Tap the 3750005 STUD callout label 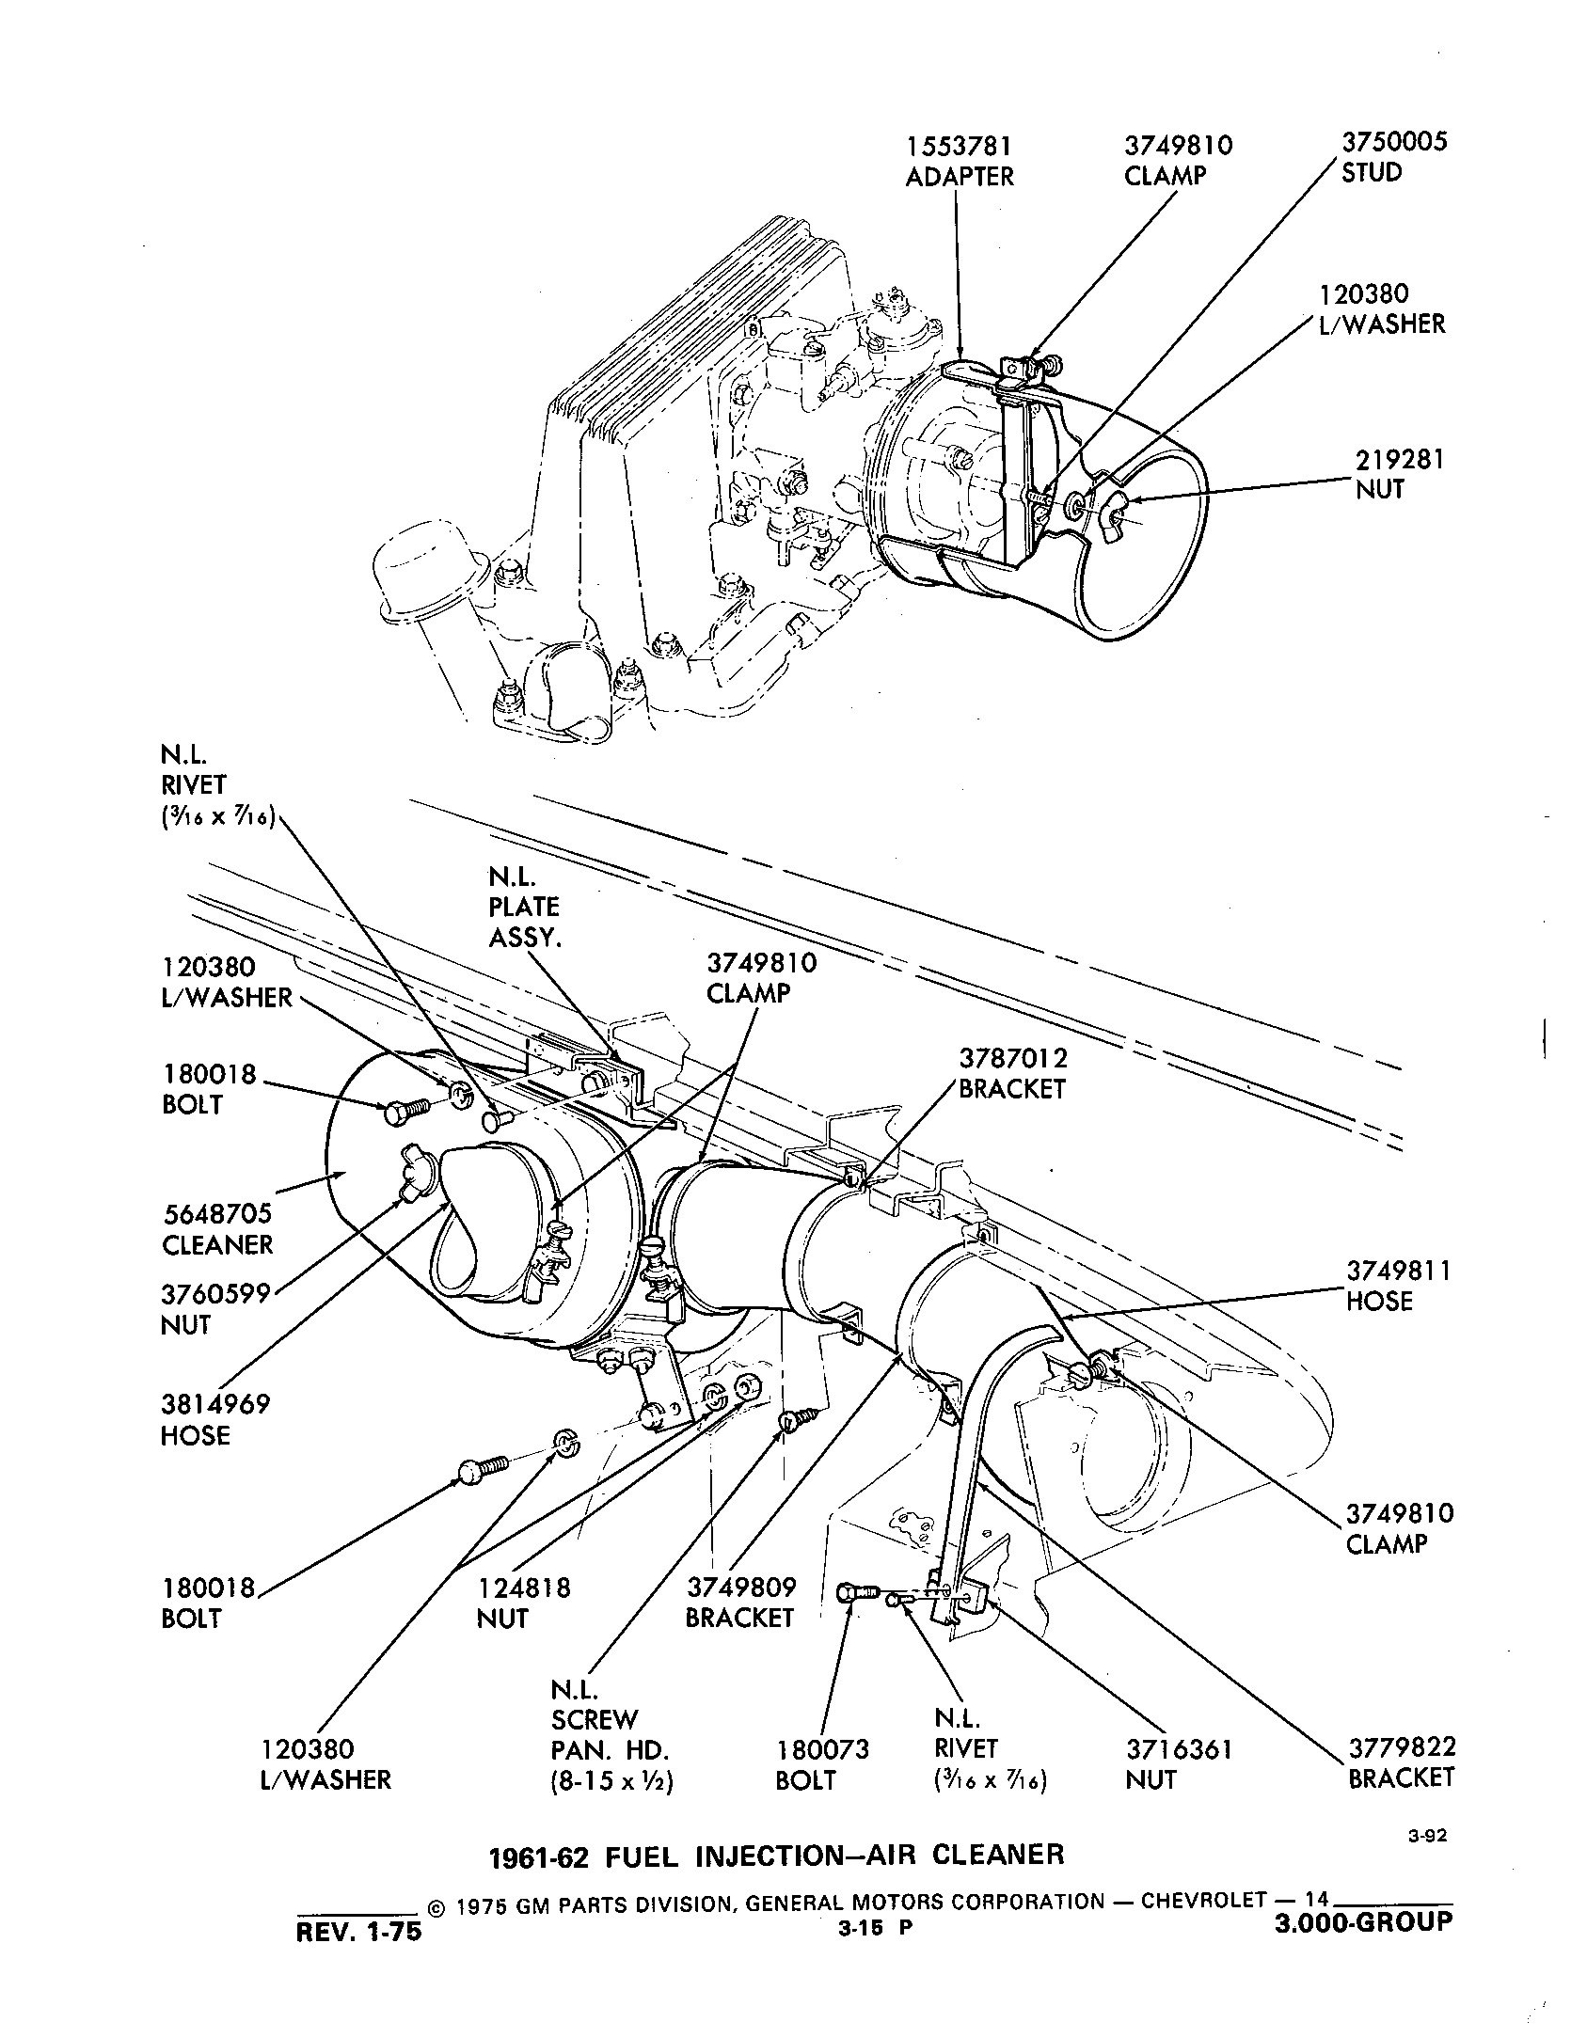[x=1393, y=157]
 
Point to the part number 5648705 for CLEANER [x=216, y=1215]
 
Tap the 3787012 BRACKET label [x=1012, y=1073]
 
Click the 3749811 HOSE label [x=1399, y=1286]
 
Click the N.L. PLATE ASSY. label [x=524, y=908]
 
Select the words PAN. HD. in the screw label [x=609, y=1750]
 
